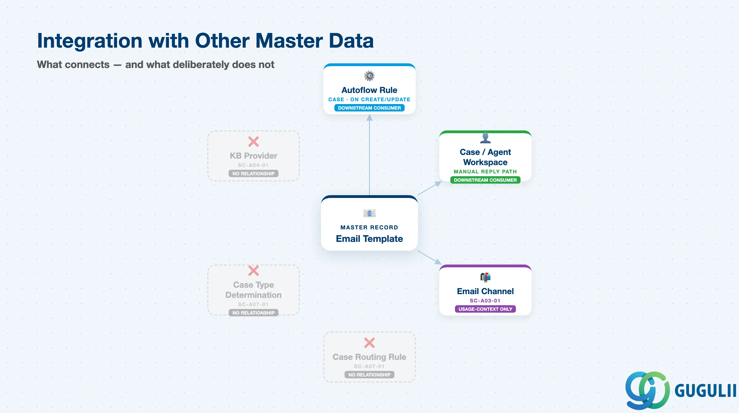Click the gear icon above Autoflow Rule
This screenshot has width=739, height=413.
pos(369,76)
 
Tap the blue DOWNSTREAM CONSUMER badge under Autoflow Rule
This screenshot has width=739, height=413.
pos(369,108)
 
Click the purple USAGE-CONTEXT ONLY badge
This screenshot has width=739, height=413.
pos(485,309)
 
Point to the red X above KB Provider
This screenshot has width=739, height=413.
pos(254,142)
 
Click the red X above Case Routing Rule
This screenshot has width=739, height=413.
pos(369,343)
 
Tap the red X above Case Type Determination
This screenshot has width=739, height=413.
pos(254,271)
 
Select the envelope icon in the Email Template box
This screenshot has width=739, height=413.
pos(369,213)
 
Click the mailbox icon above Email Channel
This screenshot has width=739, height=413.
pos(485,277)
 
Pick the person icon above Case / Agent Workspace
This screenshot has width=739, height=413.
pos(485,138)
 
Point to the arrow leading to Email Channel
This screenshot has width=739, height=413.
pos(430,257)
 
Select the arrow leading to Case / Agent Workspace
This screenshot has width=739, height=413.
pos(430,188)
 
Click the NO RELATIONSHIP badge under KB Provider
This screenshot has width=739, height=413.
pos(254,173)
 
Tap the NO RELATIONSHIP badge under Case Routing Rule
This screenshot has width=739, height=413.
pos(369,375)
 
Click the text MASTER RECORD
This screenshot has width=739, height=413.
pos(369,228)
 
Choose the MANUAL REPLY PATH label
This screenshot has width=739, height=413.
pos(485,171)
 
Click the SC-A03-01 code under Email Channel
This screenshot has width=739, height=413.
pos(485,301)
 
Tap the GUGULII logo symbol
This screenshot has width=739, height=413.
pos(647,391)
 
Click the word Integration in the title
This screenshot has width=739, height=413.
pos(90,41)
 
